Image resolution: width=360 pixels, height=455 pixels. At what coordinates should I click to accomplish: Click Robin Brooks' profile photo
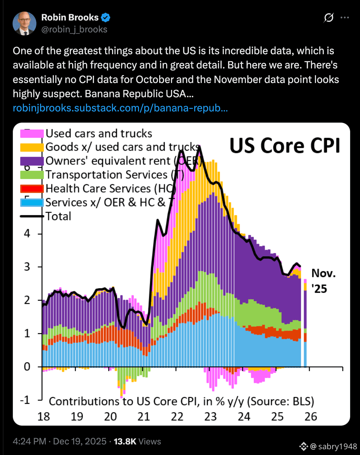[24, 23]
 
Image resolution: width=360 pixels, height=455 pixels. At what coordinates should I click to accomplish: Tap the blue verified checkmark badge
[106, 18]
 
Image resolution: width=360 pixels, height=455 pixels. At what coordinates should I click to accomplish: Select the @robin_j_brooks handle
[74, 29]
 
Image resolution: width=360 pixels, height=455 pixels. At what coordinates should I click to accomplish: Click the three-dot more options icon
[345, 18]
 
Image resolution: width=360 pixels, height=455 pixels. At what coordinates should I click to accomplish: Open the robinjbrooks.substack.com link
[120, 108]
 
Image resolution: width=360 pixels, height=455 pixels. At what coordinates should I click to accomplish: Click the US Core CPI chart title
[285, 146]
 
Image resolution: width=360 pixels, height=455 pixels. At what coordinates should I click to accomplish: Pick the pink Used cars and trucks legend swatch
[32, 133]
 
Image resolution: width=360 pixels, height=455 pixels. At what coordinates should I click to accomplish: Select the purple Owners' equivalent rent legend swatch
[32, 161]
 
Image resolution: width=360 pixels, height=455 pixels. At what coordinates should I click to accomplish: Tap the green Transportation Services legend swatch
[32, 175]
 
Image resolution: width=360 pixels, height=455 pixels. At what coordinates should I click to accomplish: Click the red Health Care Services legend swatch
[32, 188]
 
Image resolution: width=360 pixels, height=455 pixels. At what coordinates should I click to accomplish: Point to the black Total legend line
[32, 216]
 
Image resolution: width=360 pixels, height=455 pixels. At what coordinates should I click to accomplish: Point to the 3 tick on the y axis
[27, 267]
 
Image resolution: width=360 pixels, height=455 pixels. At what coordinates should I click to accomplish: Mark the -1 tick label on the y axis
[25, 400]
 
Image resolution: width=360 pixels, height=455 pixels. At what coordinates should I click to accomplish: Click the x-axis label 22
[177, 417]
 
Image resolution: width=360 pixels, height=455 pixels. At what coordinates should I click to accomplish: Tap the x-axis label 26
[311, 417]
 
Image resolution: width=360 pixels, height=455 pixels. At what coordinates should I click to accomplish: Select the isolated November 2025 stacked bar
[305, 324]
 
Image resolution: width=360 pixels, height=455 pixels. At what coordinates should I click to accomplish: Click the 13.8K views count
[125, 441]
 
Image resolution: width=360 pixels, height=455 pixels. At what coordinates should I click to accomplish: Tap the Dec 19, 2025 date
[80, 441]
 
